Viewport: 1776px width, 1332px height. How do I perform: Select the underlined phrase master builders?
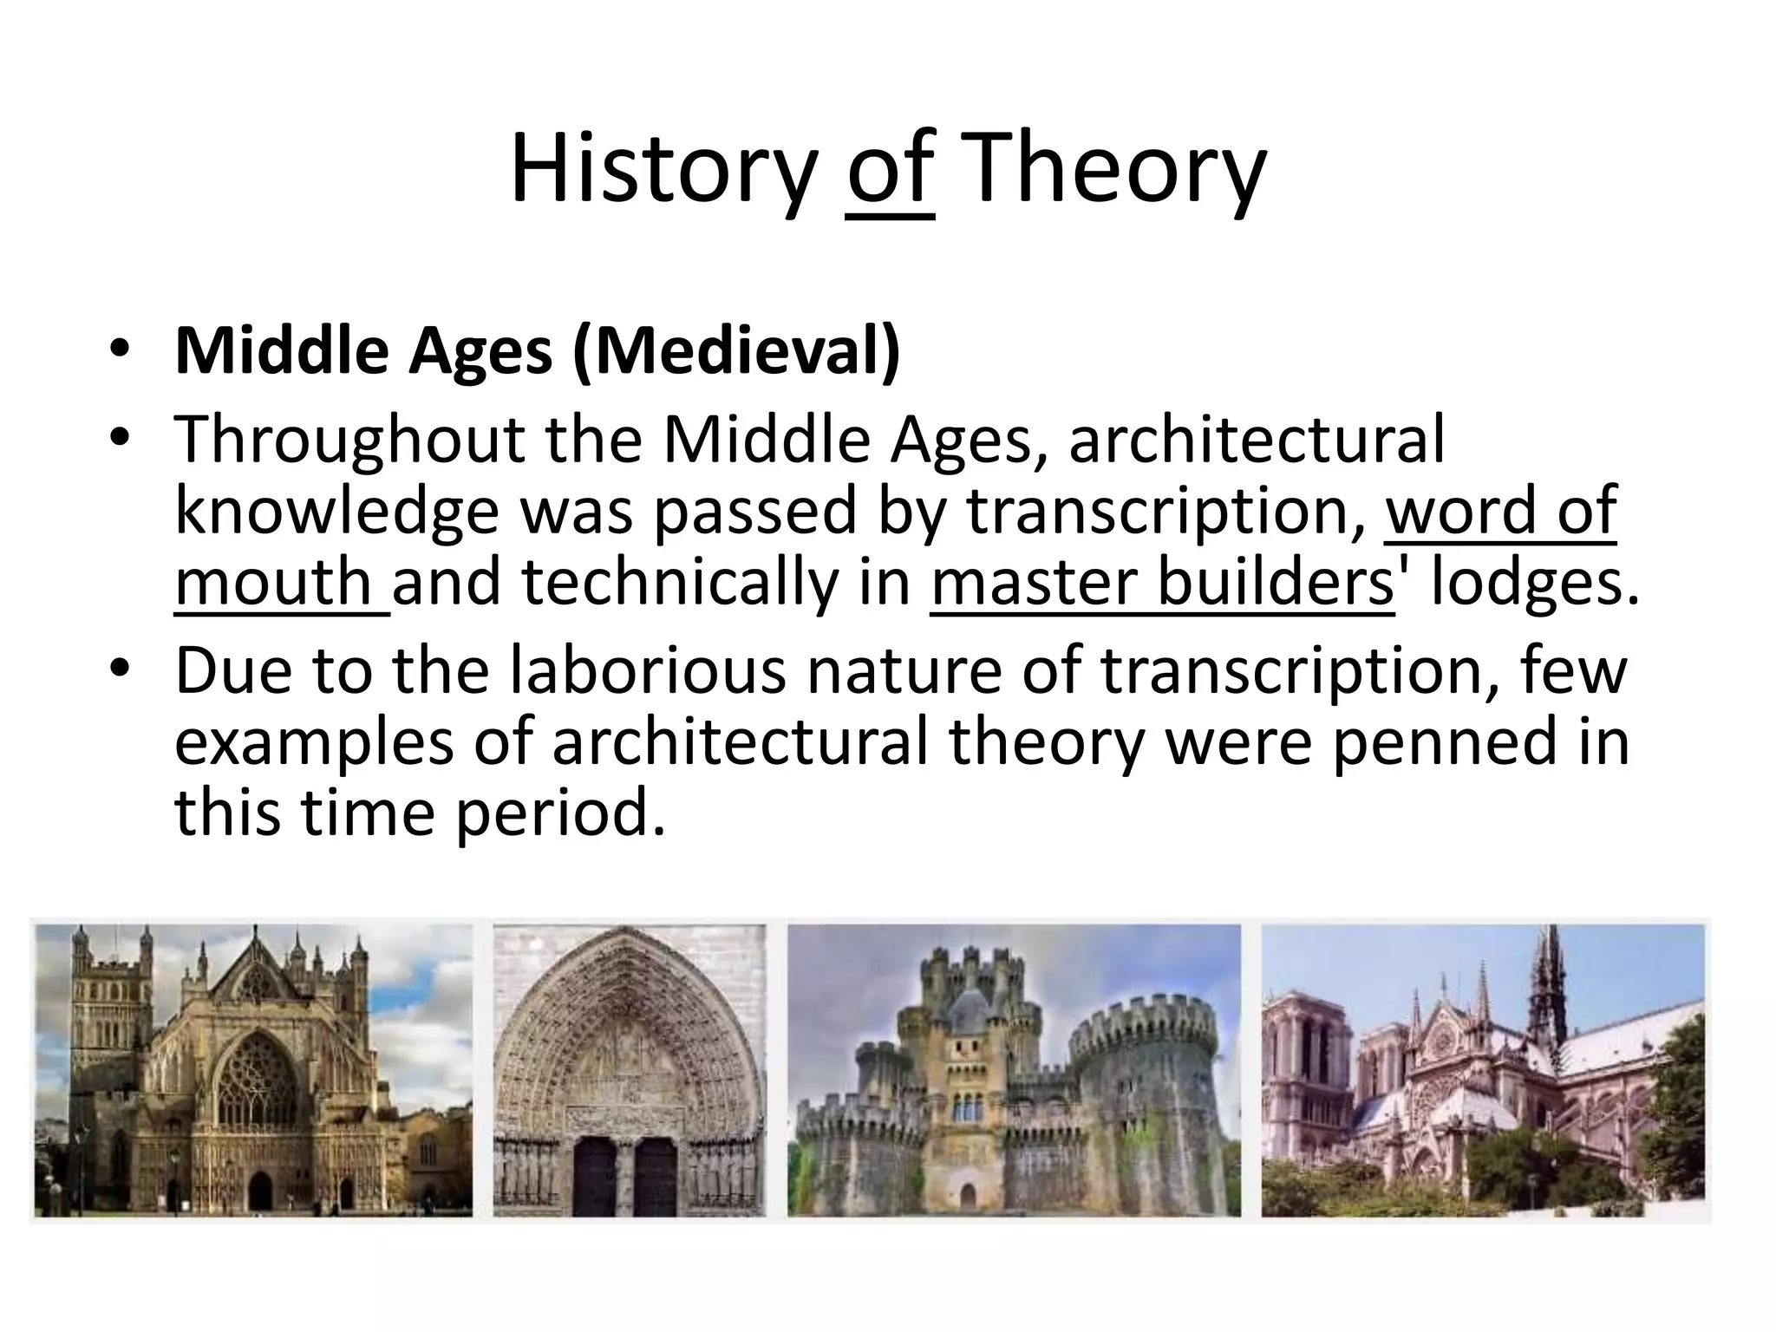[1162, 583]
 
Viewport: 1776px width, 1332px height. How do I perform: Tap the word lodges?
[1535, 583]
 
